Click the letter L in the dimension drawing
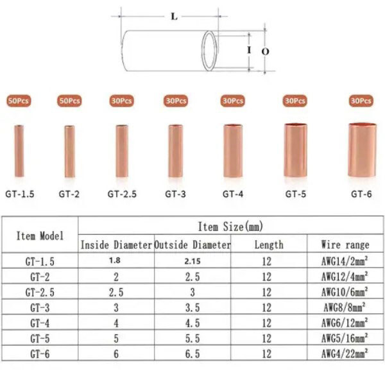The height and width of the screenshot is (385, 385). coord(174,17)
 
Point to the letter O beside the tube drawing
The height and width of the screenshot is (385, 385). coord(266,51)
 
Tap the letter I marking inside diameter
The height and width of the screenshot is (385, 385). coord(249,50)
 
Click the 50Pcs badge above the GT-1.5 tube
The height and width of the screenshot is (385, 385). coord(19,101)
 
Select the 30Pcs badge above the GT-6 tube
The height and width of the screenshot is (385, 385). coord(361,101)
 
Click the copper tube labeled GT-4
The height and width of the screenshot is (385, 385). coord(233,151)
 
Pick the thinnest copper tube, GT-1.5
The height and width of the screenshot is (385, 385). coord(19,151)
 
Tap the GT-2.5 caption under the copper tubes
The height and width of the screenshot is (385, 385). coord(122,194)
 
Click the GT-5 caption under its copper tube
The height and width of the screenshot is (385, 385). coord(296,194)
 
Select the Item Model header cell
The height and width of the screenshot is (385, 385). coord(40,236)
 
